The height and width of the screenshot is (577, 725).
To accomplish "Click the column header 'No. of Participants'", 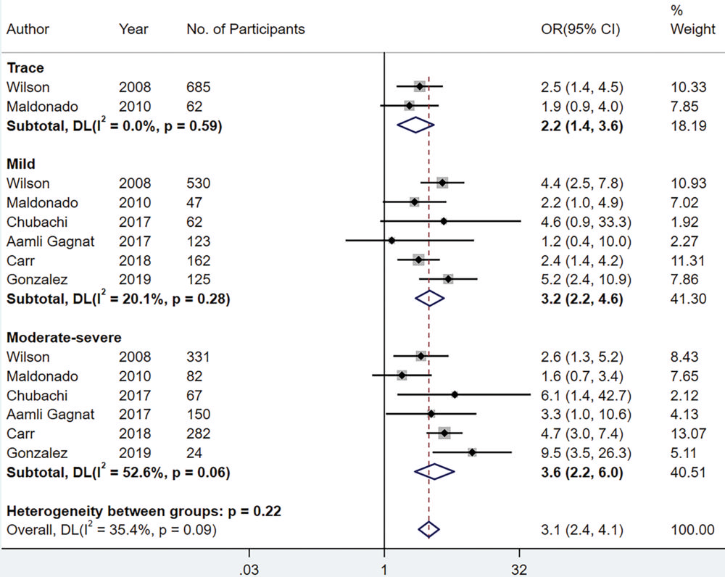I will click(x=245, y=30).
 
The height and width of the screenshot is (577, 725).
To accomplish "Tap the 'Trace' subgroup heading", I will click(x=25, y=69).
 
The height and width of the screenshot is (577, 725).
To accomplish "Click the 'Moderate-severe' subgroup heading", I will click(x=64, y=338).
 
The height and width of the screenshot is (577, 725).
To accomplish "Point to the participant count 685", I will click(x=198, y=88).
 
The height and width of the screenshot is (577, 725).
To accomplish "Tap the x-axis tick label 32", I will click(x=520, y=568).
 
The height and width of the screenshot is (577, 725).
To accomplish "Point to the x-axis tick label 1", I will click(x=384, y=568).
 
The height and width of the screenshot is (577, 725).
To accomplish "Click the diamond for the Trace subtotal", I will click(x=415, y=125).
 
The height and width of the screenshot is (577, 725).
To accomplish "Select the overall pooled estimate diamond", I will click(x=429, y=529).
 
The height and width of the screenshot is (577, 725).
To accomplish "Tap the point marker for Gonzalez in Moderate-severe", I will click(x=472, y=452).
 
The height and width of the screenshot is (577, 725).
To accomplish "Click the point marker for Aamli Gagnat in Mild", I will click(x=391, y=241).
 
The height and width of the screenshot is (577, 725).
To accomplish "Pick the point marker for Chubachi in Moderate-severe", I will click(x=455, y=395).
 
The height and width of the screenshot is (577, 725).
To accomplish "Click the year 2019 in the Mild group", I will click(x=135, y=279).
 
